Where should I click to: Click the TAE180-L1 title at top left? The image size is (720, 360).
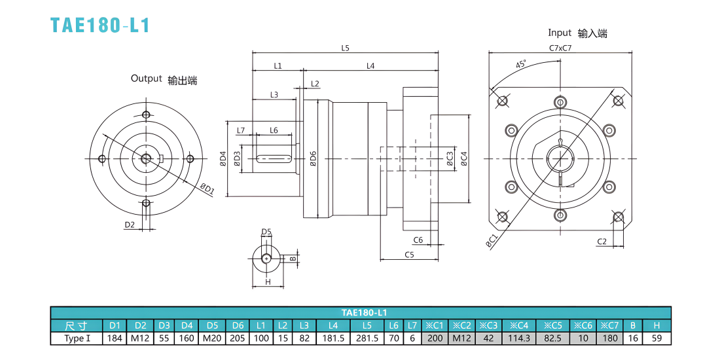coord(100,26)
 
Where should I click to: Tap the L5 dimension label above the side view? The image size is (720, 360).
coord(346,48)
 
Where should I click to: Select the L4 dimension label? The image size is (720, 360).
coord(370,65)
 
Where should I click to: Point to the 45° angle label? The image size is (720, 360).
coord(521,64)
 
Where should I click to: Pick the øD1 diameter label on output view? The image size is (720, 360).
coord(207,189)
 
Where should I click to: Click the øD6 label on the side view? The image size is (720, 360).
coord(313,158)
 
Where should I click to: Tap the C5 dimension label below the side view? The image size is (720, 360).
coord(409,255)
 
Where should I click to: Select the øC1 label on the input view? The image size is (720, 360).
coord(492,242)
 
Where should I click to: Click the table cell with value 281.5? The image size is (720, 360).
coord(367,339)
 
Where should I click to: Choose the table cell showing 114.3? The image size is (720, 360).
coord(520,339)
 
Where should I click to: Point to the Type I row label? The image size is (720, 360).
coord(77,339)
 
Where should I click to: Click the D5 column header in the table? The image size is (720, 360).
coord(212,326)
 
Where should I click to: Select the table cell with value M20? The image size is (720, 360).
coord(212,339)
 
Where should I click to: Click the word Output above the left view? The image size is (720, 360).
coord(147,78)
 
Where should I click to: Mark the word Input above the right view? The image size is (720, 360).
coord(559,33)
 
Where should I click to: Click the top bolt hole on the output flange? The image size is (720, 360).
coord(146,114)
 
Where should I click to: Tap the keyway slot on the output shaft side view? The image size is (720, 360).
coord(274,158)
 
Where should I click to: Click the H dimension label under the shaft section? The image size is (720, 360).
coord(268,282)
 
